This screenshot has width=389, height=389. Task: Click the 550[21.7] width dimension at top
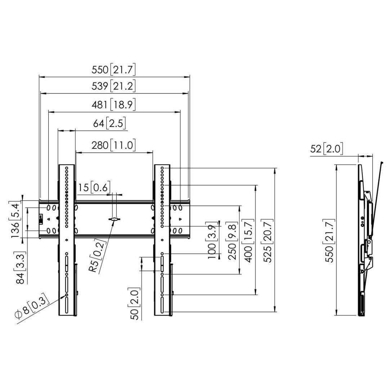coord(114,70)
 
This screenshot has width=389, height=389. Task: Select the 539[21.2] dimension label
coord(114,86)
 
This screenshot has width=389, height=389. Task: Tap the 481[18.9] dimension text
coord(114,105)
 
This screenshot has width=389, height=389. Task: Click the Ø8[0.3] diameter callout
coord(33,309)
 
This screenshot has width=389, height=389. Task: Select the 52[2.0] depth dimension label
coord(327,148)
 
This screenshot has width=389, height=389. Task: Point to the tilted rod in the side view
coord(377,194)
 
